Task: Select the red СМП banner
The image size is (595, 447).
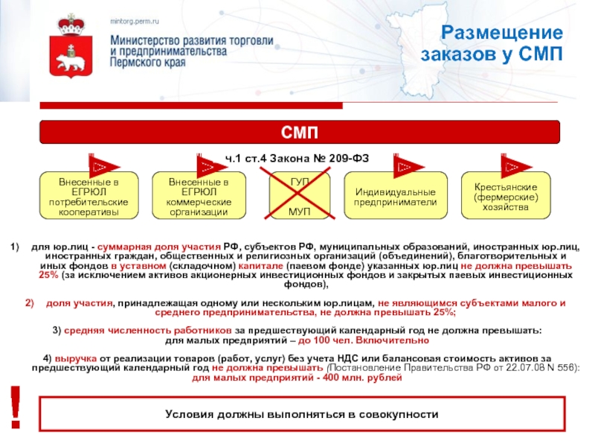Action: pyautogui.click(x=299, y=133)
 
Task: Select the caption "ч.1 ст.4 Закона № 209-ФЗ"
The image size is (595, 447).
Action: pyautogui.click(x=297, y=158)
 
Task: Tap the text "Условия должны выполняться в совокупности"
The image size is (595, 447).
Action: pyautogui.click(x=301, y=414)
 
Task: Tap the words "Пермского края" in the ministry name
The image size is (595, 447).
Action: pyautogui.click(x=147, y=64)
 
